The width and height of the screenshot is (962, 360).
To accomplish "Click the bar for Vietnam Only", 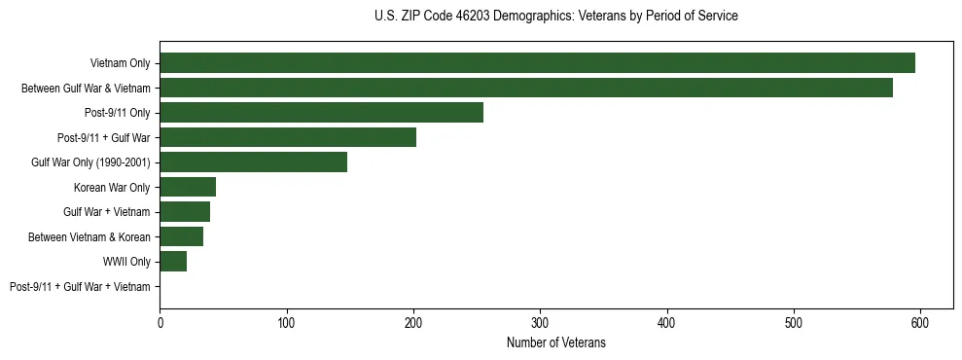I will pos(537,63).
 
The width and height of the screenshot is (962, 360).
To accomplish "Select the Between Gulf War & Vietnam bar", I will pos(526,88).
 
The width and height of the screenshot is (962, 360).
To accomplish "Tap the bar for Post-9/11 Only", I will pos(321,113).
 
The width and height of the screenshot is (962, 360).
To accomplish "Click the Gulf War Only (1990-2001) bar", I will pos(253,162).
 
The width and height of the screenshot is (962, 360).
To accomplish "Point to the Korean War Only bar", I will pos(188,187).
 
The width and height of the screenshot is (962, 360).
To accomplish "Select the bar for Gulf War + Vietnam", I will pos(185,212).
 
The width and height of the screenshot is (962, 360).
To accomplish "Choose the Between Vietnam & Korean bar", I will pos(181,236).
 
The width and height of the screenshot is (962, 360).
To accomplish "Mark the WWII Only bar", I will pos(173,262).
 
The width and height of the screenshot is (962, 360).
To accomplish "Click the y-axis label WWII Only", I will pos(126,262).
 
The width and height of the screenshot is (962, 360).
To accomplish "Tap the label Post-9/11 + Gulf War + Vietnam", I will pos(80,287).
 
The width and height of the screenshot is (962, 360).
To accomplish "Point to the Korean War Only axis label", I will pos(112,187).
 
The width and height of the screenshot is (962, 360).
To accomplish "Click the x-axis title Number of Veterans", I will pos(555,342).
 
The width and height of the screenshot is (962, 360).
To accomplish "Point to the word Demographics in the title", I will pos(534,17).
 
